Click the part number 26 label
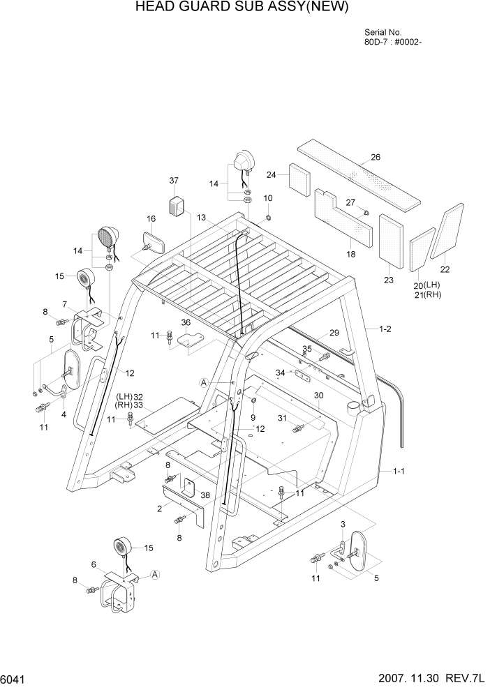tap(376, 157)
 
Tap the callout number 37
tap(174, 181)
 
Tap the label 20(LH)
tap(428, 285)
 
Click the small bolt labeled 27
tap(365, 210)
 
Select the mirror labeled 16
tap(153, 243)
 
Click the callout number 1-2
tap(385, 328)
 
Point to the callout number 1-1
tap(399, 472)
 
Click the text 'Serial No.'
tap(383, 33)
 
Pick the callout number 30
tap(319, 396)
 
